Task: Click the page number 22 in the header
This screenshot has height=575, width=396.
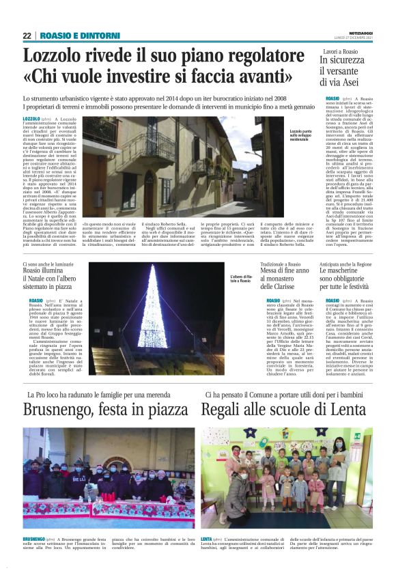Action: tap(27, 36)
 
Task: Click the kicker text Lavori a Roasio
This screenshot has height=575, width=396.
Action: tap(341, 52)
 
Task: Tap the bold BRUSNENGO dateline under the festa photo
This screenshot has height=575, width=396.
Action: tap(35, 539)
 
